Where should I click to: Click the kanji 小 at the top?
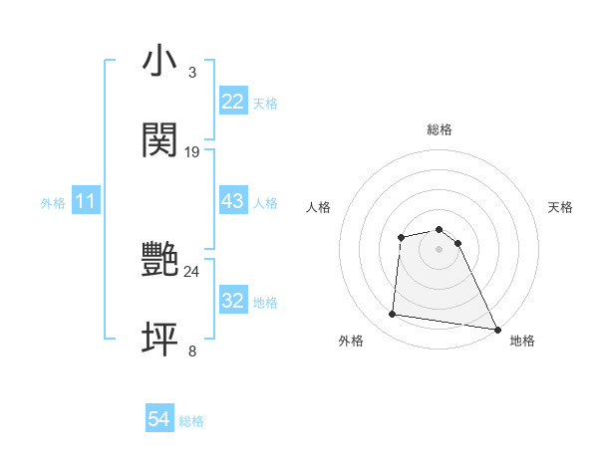pyautogui.click(x=159, y=63)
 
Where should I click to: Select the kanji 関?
pyautogui.click(x=159, y=140)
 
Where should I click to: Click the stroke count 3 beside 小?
pyautogui.click(x=191, y=73)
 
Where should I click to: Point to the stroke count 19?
pyautogui.click(x=192, y=151)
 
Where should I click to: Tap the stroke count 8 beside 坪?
pyautogui.click(x=191, y=351)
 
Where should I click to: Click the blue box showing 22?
pyautogui.click(x=232, y=102)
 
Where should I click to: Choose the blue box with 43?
pyautogui.click(x=232, y=201)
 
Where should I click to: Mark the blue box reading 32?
pyautogui.click(x=232, y=301)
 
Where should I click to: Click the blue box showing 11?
pyautogui.click(x=85, y=201)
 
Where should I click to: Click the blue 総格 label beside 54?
pyautogui.click(x=191, y=421)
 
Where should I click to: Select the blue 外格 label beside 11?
pyautogui.click(x=53, y=202)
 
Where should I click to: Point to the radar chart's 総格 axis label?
pyautogui.click(x=439, y=129)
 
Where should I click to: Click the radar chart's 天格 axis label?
pyautogui.click(x=561, y=207)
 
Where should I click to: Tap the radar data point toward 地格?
pyautogui.click(x=497, y=329)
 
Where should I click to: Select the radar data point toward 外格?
pyautogui.click(x=393, y=315)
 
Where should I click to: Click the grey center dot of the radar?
pyautogui.click(x=439, y=248)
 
